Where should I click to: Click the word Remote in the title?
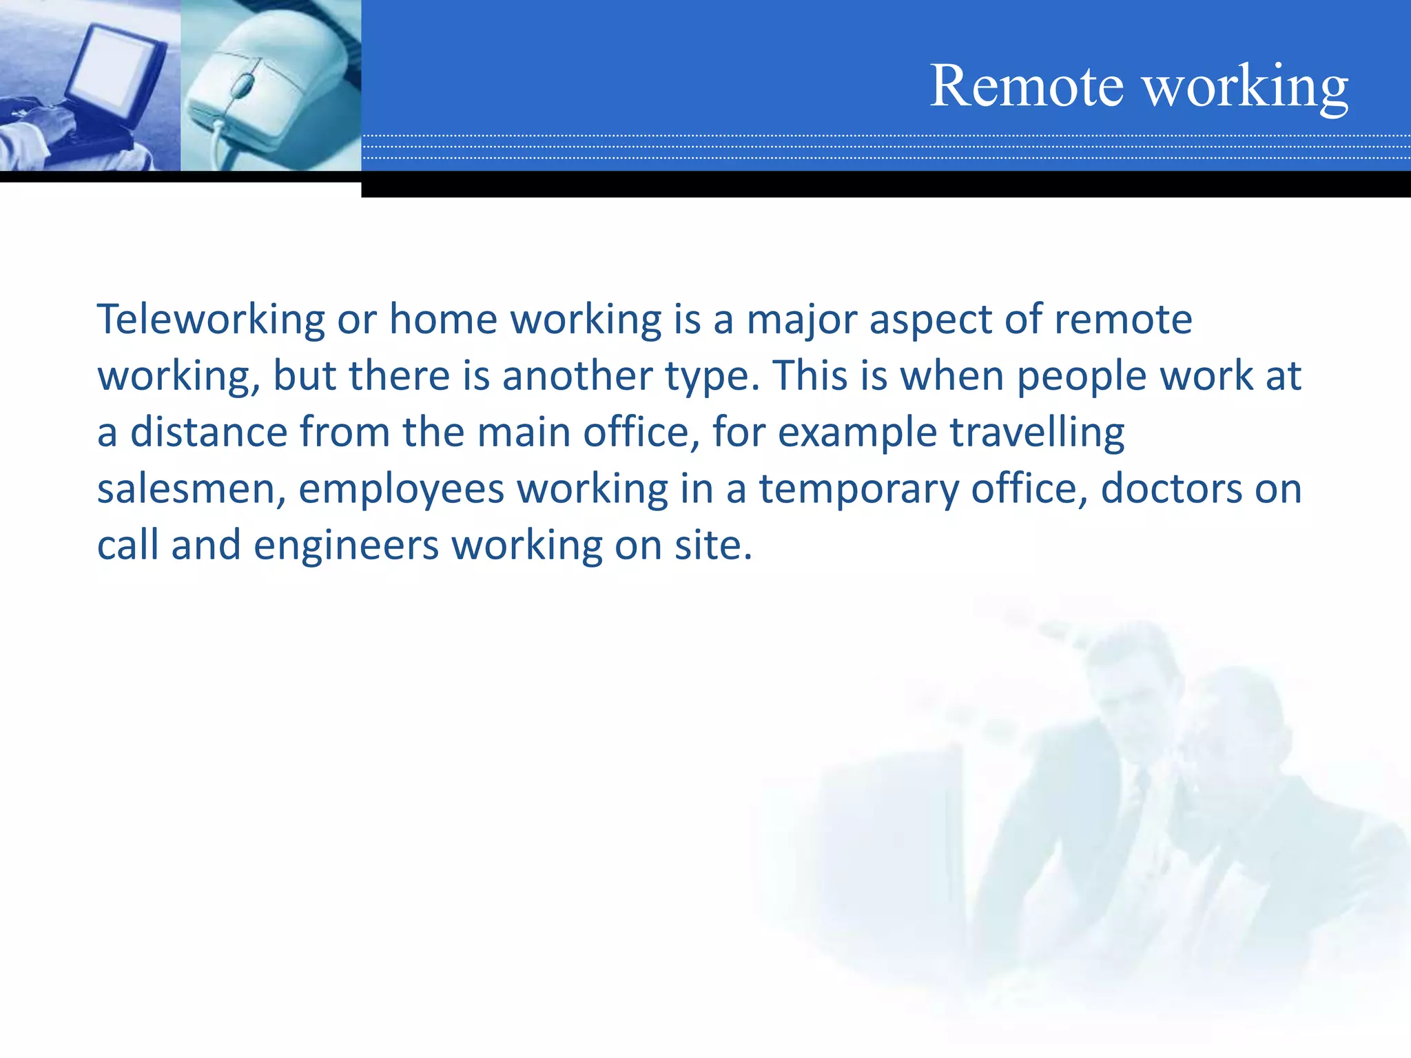click(x=1027, y=86)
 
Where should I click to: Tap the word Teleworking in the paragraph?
click(x=210, y=320)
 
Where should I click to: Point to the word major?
click(x=802, y=321)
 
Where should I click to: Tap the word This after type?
click(x=810, y=376)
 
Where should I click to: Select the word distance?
click(x=209, y=433)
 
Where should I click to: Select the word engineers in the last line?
click(x=346, y=546)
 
